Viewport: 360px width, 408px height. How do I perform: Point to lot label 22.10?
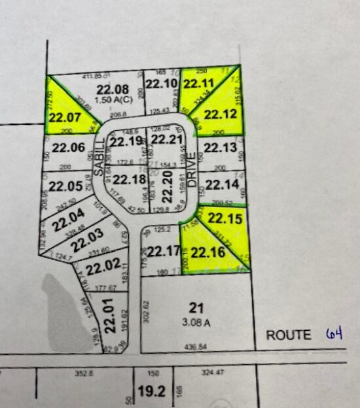161,84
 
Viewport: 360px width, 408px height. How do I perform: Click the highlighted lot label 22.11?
198,84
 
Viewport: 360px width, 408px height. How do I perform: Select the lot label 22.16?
207,252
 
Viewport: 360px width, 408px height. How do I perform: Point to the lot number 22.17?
163,251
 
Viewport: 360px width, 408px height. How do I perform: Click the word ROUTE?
288,335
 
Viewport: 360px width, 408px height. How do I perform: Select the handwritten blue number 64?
334,334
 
